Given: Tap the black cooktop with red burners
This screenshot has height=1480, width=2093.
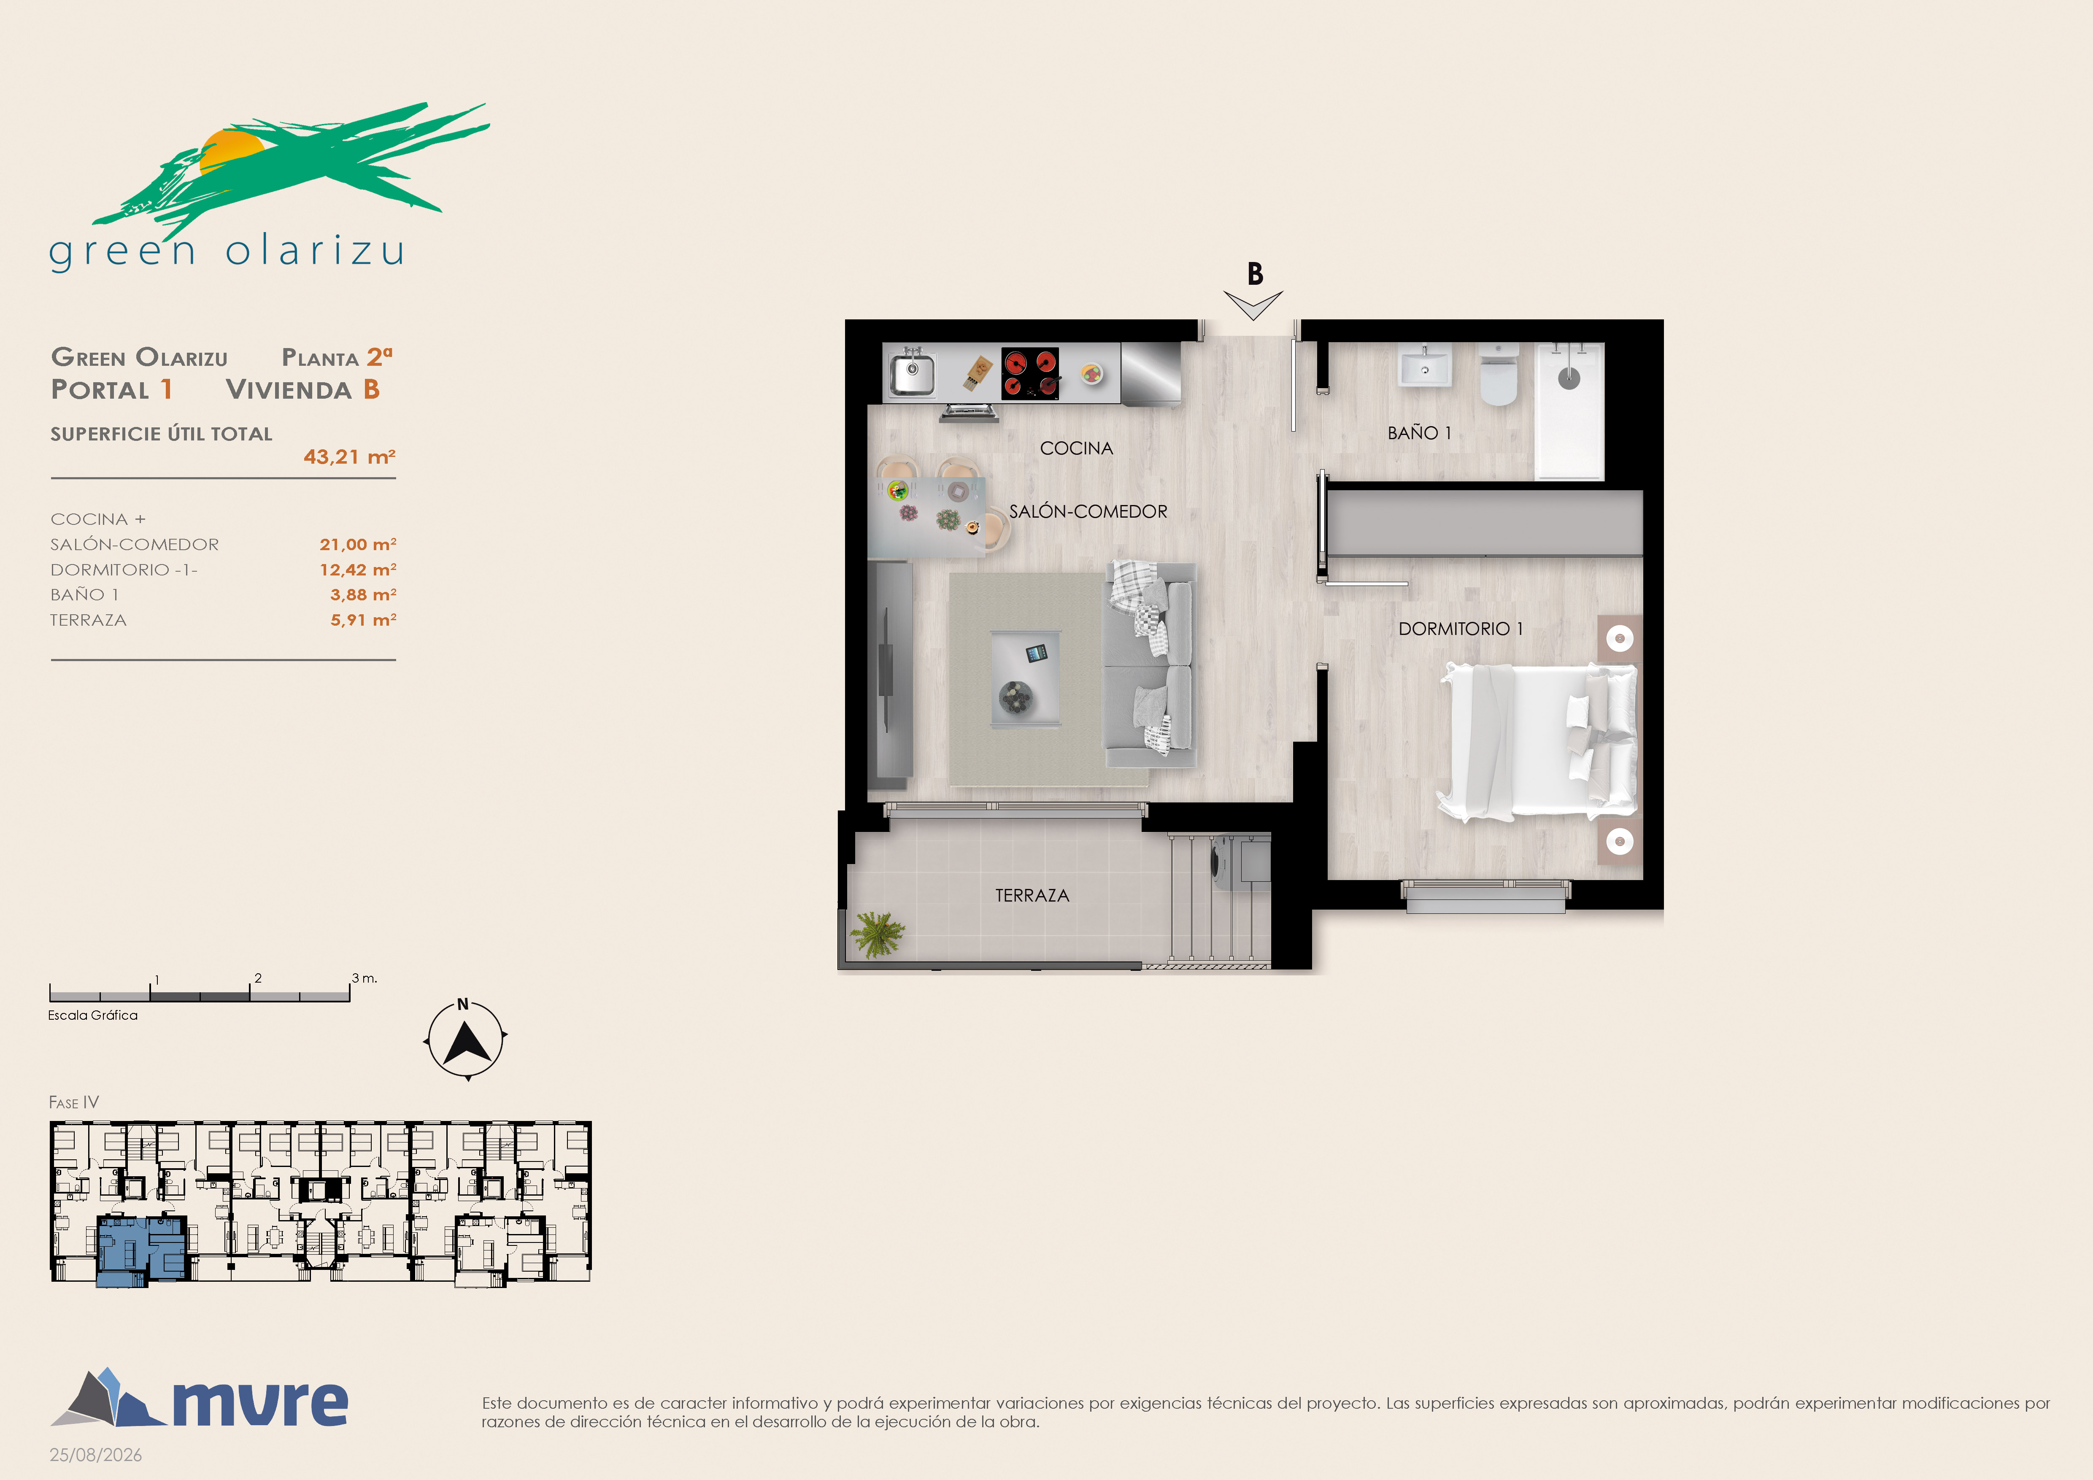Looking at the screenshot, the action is pyautogui.click(x=1030, y=374).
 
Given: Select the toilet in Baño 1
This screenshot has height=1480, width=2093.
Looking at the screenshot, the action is pyautogui.click(x=1498, y=374).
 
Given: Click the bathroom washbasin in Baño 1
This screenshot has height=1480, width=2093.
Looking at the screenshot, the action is pyautogui.click(x=1424, y=366).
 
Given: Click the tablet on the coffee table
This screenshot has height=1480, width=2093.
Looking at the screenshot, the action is pyautogui.click(x=1037, y=653).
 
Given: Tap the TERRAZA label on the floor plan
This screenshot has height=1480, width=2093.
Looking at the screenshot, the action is pyautogui.click(x=1032, y=896).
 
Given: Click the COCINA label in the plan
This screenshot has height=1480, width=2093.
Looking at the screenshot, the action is pyautogui.click(x=1077, y=448).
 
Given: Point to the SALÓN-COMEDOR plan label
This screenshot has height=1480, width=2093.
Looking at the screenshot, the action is pyautogui.click(x=1088, y=511).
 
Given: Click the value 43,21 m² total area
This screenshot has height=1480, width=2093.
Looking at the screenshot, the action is pyautogui.click(x=349, y=456).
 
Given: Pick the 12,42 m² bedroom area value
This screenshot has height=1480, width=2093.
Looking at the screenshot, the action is pyautogui.click(x=357, y=570).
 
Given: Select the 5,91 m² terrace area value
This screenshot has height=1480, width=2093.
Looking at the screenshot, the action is pyautogui.click(x=363, y=620).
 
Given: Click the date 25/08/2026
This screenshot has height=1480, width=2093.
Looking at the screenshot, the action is pyautogui.click(x=96, y=1455).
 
